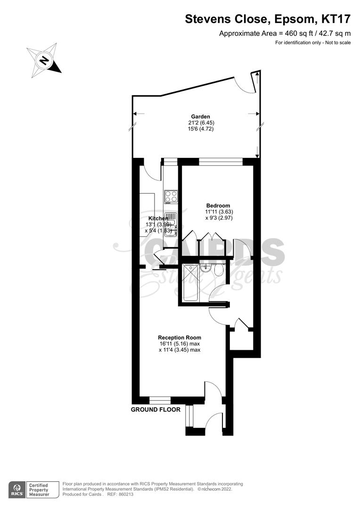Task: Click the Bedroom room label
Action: coord(218,205)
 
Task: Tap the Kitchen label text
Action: coord(158,219)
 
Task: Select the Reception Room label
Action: coord(180,337)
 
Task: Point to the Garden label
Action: coord(200,116)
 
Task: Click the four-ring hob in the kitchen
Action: coord(171,196)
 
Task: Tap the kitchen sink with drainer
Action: coord(170,224)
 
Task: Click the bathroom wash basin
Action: coord(206,270)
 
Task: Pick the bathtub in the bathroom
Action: coord(191,283)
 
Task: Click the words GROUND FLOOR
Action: coord(155,410)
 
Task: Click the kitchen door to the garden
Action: coord(153,171)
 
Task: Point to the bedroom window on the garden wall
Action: coord(221,161)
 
